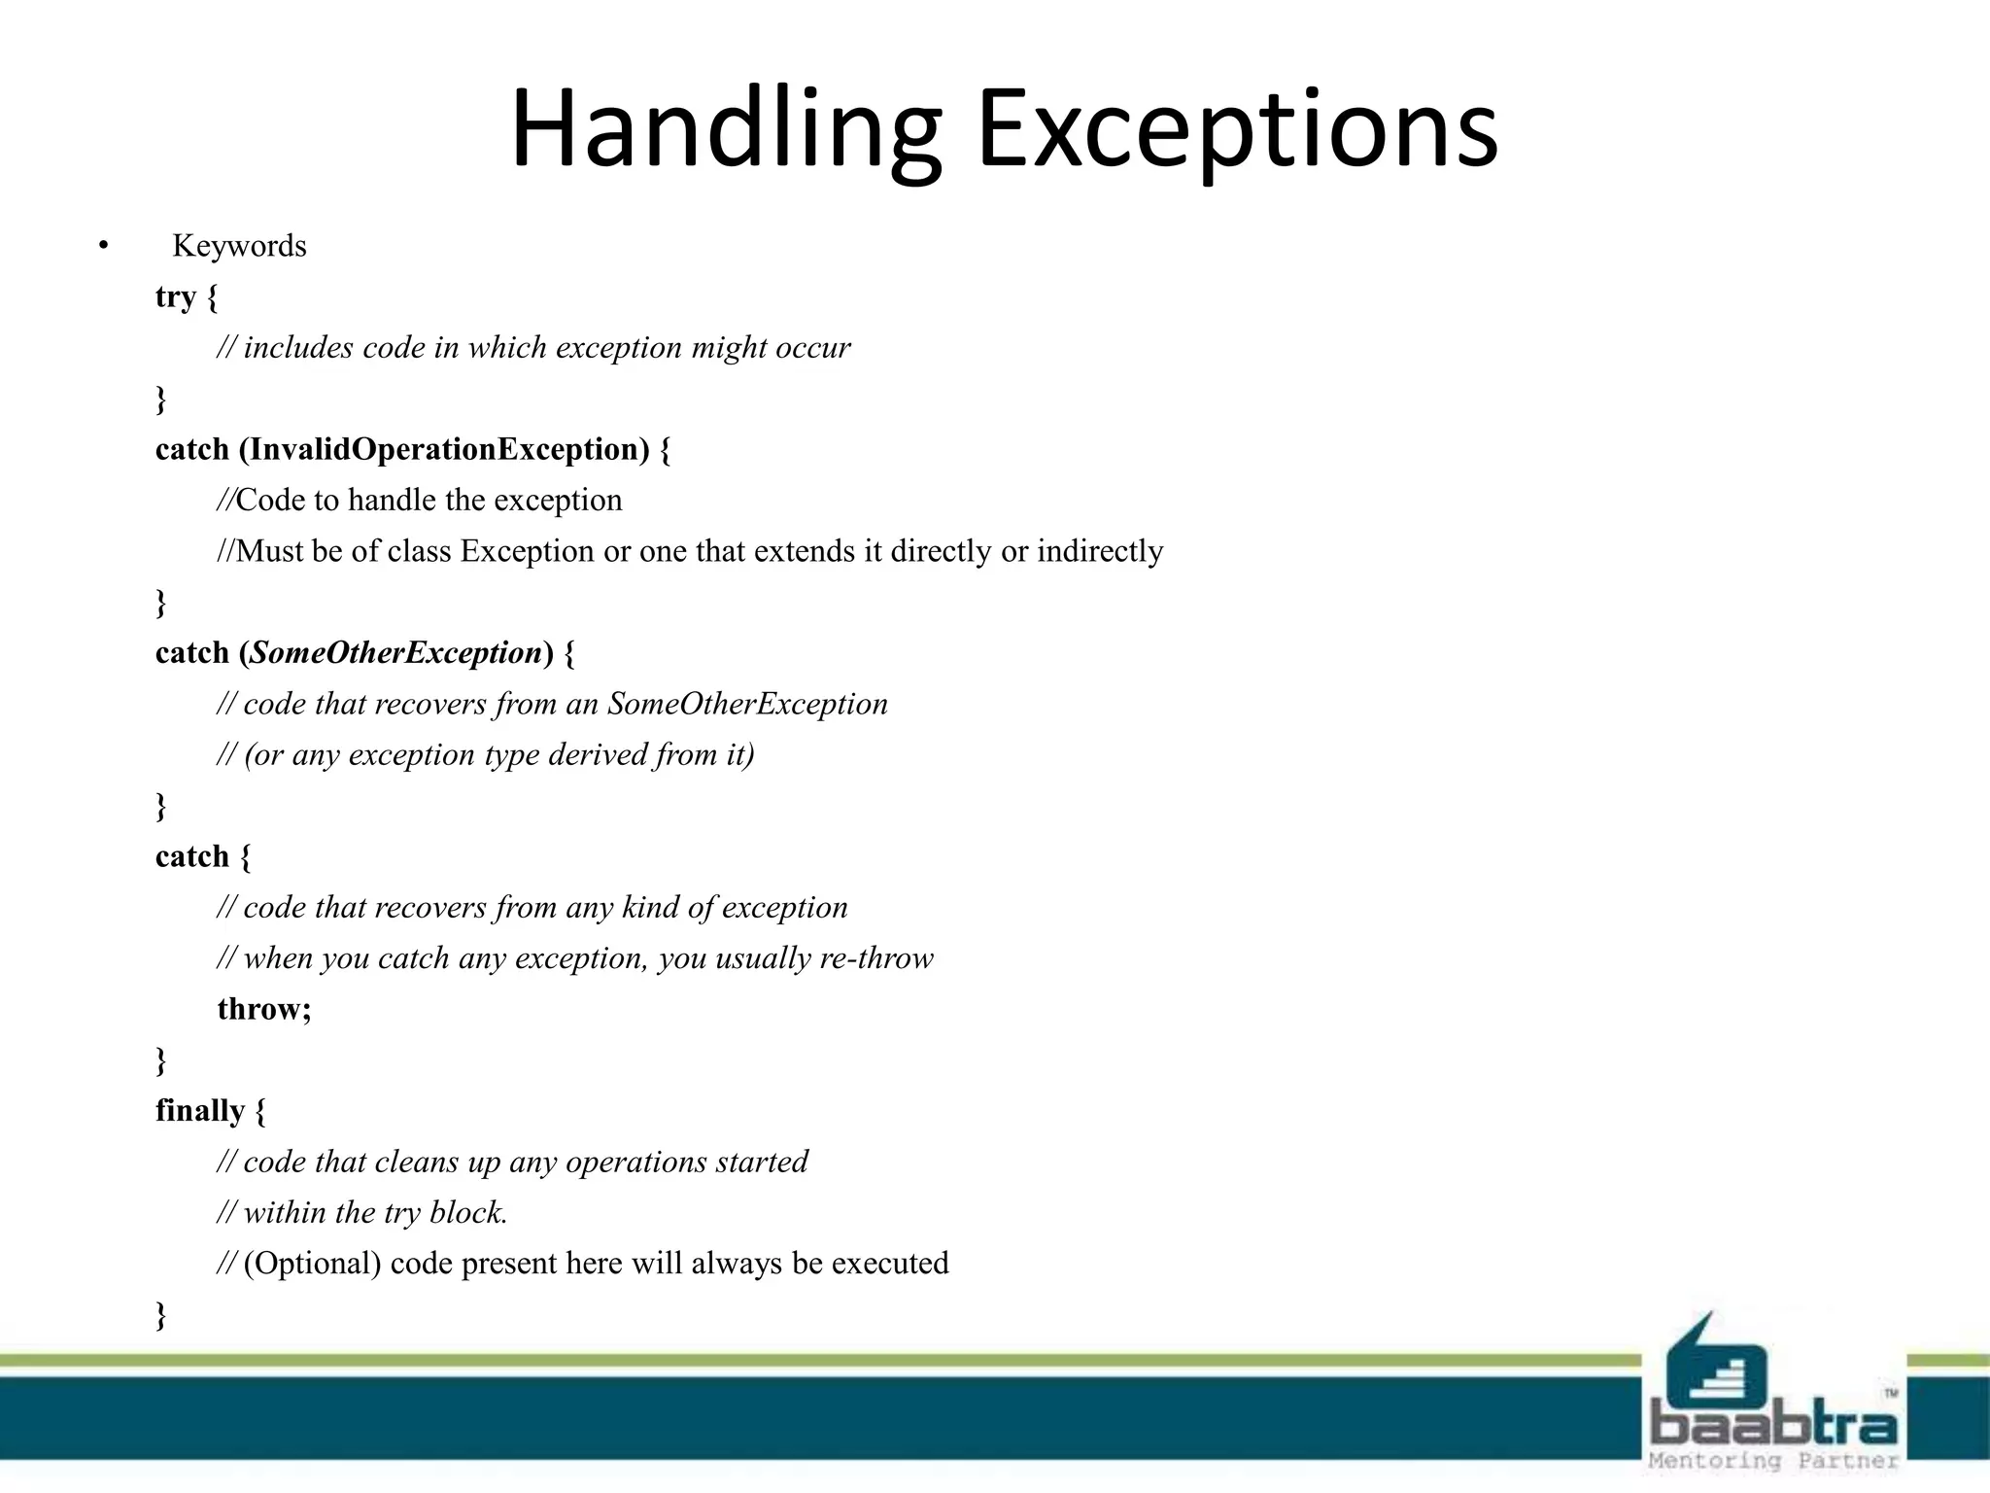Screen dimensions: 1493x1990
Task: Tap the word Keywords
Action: [x=239, y=246]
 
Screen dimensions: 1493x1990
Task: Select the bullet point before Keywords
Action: [x=103, y=246]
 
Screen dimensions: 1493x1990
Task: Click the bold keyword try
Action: [x=176, y=296]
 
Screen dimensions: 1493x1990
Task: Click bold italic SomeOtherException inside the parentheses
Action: [x=395, y=652]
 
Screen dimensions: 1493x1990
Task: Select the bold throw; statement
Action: [x=264, y=1009]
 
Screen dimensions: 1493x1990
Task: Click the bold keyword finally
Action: [x=200, y=1110]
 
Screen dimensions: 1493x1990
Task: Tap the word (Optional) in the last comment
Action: [x=312, y=1263]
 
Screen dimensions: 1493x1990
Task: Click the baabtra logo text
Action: [x=1773, y=1425]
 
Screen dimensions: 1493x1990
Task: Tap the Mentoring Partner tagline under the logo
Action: [x=1773, y=1461]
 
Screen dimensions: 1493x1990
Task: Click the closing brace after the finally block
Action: [x=161, y=1315]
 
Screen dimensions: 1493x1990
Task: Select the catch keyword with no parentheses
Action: [x=192, y=856]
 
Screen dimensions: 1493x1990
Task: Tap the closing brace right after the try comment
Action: [x=161, y=399]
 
